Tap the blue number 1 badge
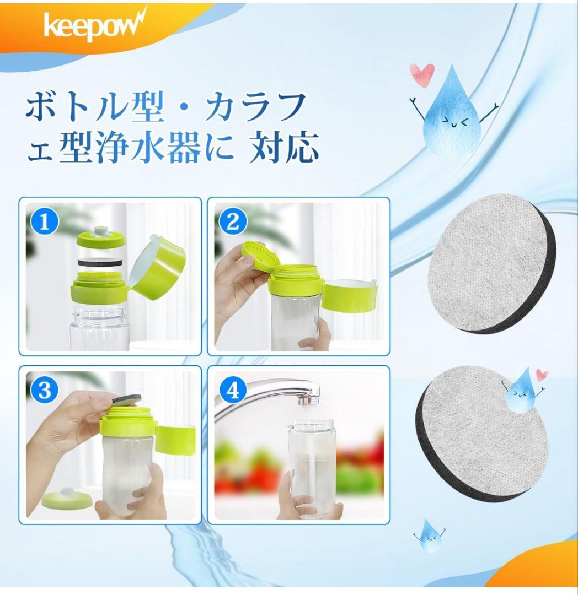(x=45, y=221)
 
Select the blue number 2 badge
(x=233, y=221)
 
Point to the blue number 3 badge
(x=45, y=390)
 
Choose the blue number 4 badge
(x=233, y=390)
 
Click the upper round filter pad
(x=492, y=264)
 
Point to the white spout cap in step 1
(x=101, y=231)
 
